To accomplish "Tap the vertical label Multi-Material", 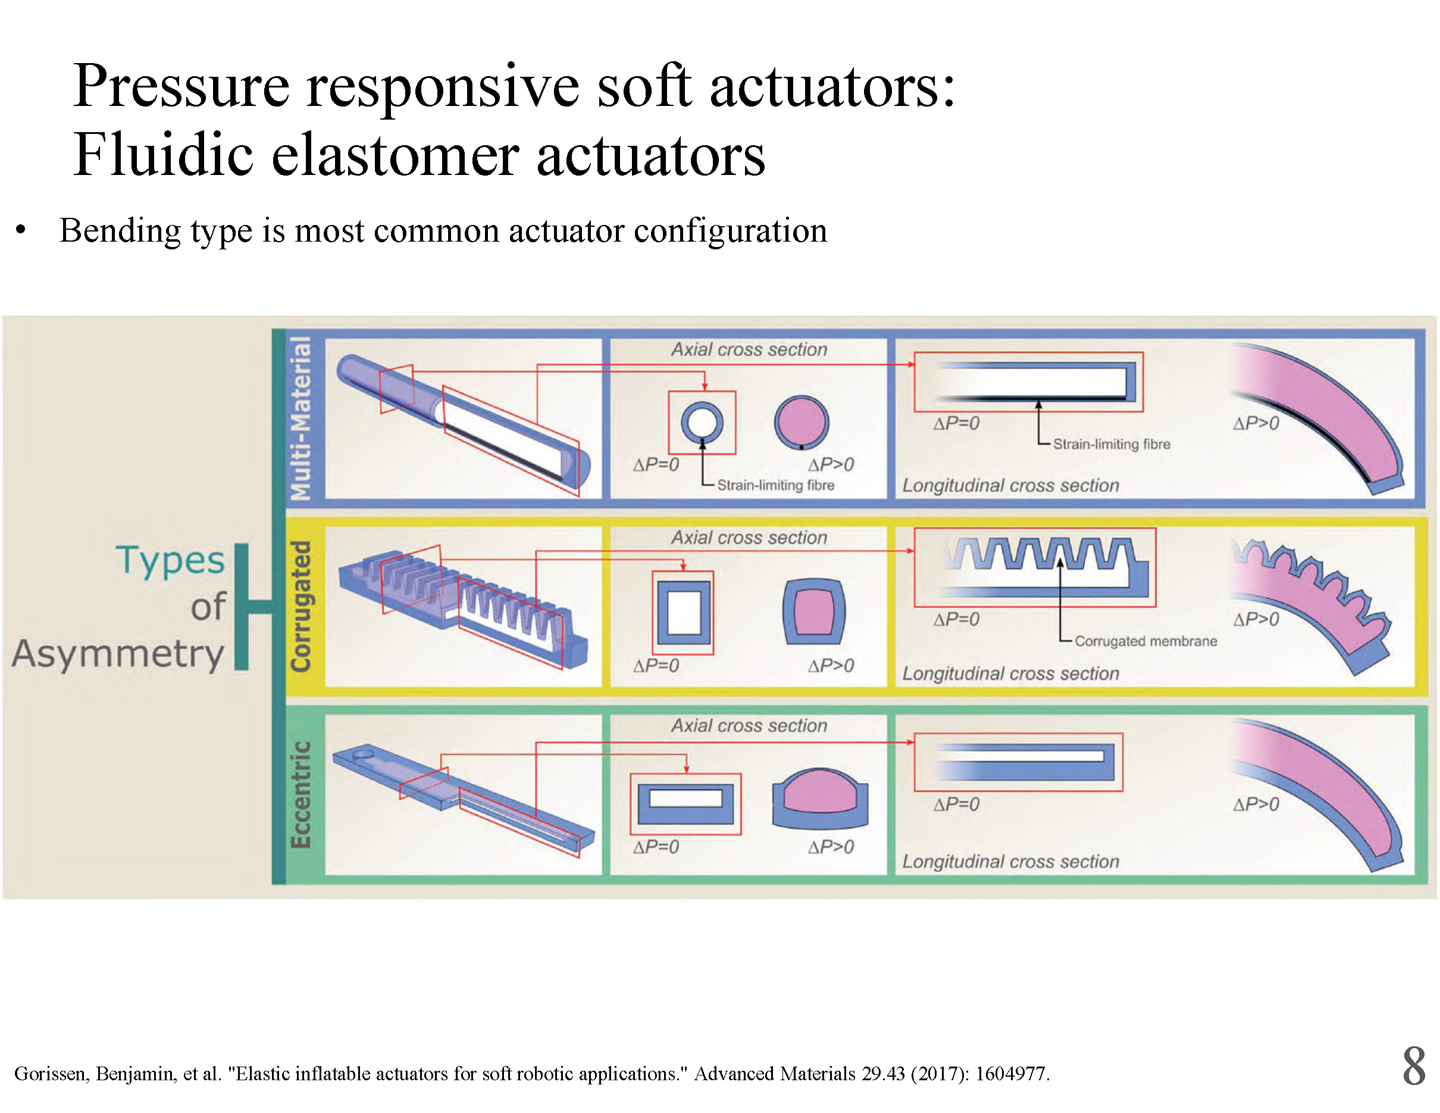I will [300, 418].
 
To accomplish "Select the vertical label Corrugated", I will [300, 606].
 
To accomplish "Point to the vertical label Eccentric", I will [300, 795].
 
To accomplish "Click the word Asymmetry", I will [118, 654].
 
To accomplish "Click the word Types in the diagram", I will [170, 561].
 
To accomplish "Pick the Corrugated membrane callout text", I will [1145, 641].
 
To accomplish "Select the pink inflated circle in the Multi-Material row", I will [801, 422].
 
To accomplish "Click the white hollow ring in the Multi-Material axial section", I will [702, 422].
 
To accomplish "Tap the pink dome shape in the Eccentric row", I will [819, 791].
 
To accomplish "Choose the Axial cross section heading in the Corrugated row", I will [749, 537].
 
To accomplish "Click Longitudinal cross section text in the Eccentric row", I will [1010, 861].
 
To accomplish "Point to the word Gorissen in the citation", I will [51, 1074].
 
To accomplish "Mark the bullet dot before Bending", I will [21, 230].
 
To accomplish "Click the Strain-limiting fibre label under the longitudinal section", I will [1111, 444].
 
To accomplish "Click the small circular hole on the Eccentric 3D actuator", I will [362, 753].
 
